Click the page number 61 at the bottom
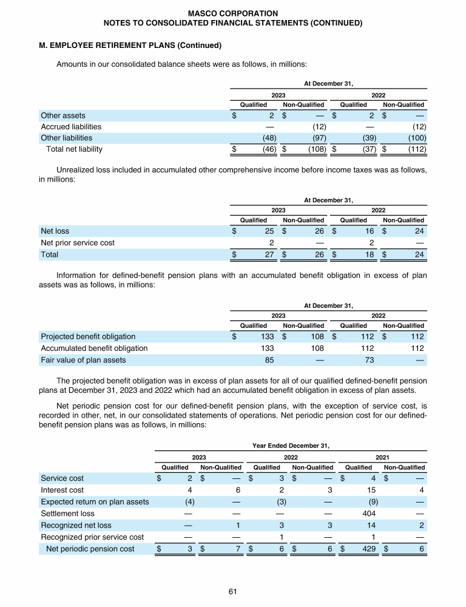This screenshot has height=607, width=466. click(x=232, y=591)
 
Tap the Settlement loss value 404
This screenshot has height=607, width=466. click(x=366, y=514)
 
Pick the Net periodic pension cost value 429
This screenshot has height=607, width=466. click(x=366, y=549)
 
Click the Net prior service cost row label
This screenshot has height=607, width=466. click(x=78, y=243)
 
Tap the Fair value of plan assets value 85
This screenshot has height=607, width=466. click(x=269, y=360)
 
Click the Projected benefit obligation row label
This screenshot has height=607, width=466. click(x=88, y=336)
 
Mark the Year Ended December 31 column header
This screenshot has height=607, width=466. click(x=291, y=445)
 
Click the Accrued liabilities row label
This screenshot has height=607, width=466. click(x=71, y=126)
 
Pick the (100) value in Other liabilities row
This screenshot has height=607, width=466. click(x=416, y=138)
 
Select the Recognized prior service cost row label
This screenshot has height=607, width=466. click(x=92, y=537)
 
